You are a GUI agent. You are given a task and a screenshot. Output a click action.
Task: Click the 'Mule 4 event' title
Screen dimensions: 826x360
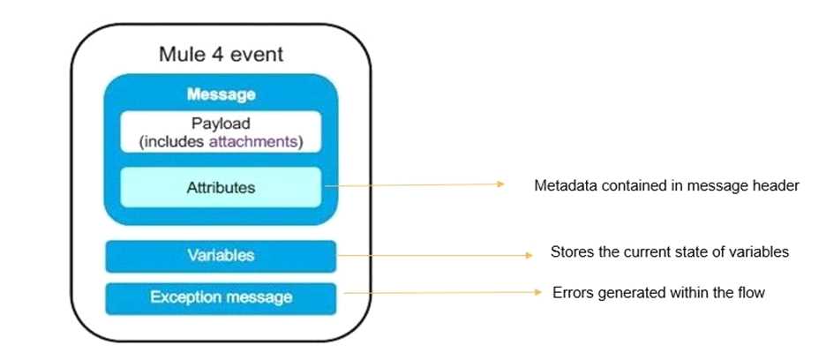pos(221,55)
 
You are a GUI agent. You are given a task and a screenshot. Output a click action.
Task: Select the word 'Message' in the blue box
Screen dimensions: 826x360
pos(221,94)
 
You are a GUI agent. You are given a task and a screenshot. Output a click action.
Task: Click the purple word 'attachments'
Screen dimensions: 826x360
pos(253,142)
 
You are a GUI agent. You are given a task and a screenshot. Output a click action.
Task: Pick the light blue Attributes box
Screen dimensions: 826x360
pos(221,187)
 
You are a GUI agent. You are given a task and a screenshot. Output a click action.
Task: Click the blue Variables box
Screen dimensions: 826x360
pos(221,256)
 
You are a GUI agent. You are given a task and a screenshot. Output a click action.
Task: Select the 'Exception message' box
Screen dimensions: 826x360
pos(221,298)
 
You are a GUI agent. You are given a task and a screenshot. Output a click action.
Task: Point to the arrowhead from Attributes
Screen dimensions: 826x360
pos(500,184)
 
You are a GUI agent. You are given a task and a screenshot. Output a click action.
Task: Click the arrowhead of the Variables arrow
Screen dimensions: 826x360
pos(529,256)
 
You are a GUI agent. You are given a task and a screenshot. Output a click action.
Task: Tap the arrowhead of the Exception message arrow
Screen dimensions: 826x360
pos(537,292)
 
